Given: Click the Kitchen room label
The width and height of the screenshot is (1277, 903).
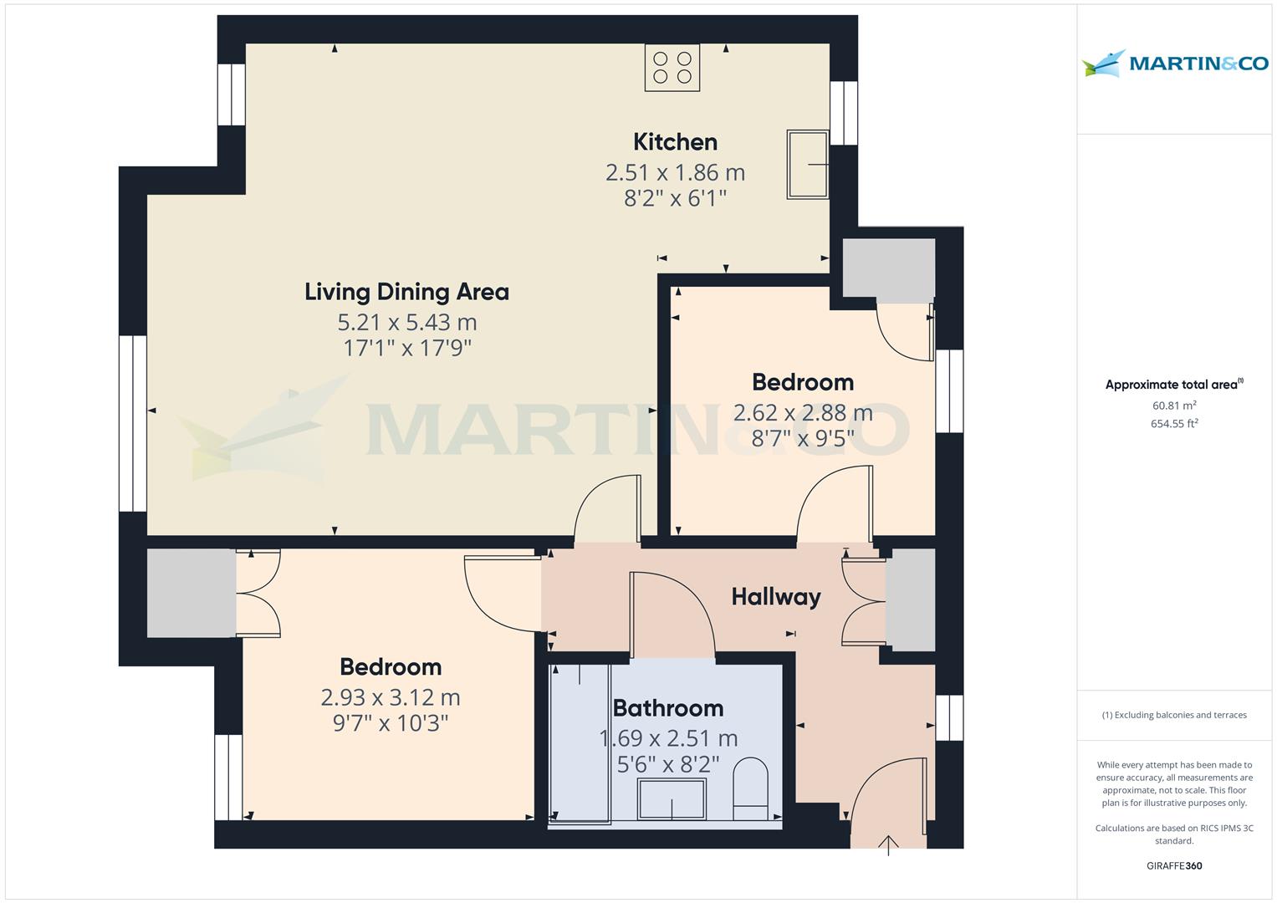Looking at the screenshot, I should click(x=675, y=142).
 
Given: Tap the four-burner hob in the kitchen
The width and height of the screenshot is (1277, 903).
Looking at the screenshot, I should click(x=672, y=68).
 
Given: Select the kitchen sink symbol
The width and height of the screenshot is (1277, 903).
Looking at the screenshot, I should click(x=808, y=164).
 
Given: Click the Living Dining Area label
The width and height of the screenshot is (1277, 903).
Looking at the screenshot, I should click(x=406, y=292).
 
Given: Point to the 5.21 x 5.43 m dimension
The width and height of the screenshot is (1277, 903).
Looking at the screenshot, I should click(x=406, y=322).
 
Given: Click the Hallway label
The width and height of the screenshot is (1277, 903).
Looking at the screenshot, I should click(x=775, y=597).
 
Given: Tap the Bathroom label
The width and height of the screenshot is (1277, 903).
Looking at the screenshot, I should click(x=668, y=708).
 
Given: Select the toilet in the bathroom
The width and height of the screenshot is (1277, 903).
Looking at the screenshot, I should click(x=750, y=788).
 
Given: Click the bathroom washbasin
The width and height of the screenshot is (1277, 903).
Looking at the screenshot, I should click(x=672, y=798).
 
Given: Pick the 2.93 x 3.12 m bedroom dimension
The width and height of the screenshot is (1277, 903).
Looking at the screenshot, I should click(x=391, y=697).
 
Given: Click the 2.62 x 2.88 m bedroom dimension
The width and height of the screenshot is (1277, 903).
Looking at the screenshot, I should click(x=803, y=413).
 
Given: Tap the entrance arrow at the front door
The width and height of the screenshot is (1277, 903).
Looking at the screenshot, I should click(x=888, y=844).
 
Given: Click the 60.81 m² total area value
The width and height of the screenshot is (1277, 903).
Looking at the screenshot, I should click(x=1174, y=406).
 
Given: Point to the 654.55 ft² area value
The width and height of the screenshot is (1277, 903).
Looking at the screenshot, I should click(x=1174, y=424).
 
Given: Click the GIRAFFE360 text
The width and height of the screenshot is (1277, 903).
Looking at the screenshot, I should click(x=1174, y=865).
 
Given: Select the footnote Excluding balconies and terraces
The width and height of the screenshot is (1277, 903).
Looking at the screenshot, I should click(x=1174, y=715).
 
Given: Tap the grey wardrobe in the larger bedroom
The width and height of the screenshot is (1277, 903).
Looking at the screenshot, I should click(x=192, y=593).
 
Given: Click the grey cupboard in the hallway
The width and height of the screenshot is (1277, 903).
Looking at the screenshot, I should click(x=910, y=599).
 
